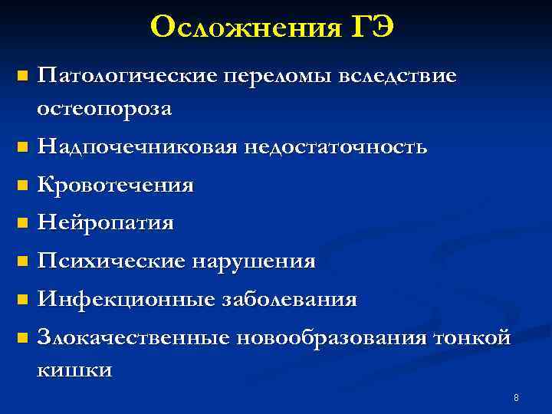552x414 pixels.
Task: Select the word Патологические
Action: point(128,77)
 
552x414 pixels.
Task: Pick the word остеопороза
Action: point(105,110)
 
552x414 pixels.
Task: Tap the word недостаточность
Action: point(335,146)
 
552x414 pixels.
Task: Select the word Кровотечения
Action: point(115,185)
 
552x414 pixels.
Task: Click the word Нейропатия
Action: point(106,223)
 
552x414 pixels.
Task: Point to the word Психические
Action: point(111,261)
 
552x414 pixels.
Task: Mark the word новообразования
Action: point(334,337)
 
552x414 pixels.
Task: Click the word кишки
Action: point(74,370)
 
